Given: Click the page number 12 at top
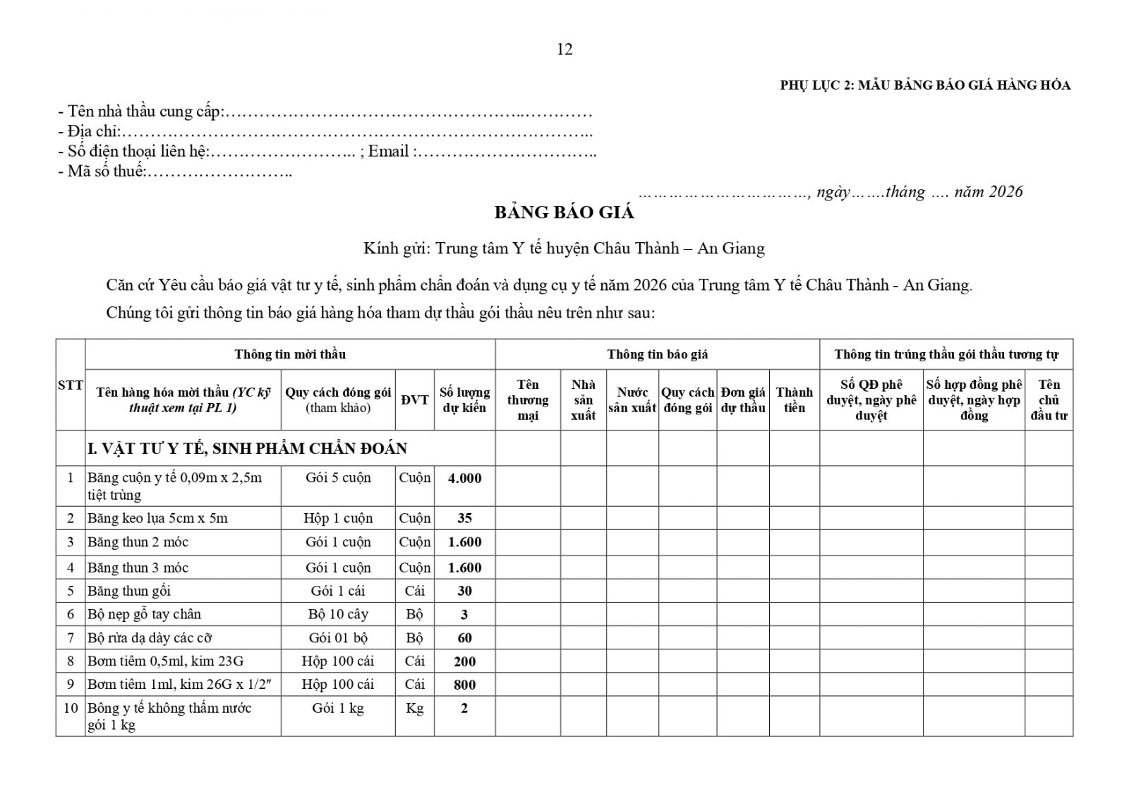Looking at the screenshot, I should [x=564, y=49].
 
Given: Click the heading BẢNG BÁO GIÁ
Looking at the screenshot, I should [x=564, y=212].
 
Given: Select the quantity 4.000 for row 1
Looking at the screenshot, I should [x=464, y=479].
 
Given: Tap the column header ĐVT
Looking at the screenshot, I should [x=415, y=400].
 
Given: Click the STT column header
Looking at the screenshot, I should [x=71, y=385].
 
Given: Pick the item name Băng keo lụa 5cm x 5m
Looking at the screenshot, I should [x=157, y=518].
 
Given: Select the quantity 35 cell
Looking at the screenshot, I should [x=464, y=518].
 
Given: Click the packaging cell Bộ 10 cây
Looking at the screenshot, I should [x=338, y=614].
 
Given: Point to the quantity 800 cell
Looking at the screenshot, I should [x=464, y=685].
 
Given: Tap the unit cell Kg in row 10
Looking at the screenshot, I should [x=414, y=708].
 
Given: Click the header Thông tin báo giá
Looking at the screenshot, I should [x=657, y=354].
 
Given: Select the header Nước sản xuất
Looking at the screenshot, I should [x=632, y=400].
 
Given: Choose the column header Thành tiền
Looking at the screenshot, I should [x=794, y=400].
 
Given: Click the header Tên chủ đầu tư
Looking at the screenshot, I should [x=1049, y=400].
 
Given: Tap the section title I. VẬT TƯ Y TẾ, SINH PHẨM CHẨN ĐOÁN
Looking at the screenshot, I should [x=247, y=449].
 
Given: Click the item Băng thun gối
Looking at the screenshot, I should [x=129, y=591].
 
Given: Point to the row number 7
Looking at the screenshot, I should [x=71, y=638].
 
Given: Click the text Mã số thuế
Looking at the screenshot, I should [x=106, y=172].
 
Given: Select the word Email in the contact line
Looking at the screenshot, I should [x=388, y=152].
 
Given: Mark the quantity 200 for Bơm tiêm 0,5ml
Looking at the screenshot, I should [x=464, y=661].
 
